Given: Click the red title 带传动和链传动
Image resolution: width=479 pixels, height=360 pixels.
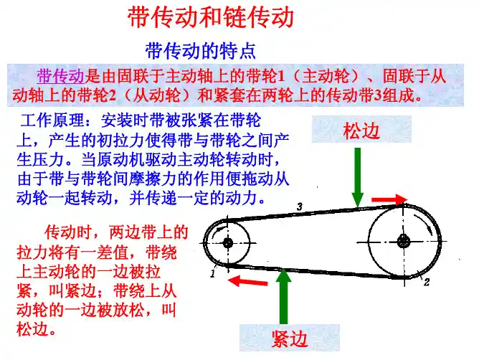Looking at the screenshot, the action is [x=211, y=17].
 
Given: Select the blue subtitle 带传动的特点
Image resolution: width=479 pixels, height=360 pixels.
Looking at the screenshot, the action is [x=201, y=51].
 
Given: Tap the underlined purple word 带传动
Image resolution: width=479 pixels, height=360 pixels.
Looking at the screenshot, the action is [x=60, y=77].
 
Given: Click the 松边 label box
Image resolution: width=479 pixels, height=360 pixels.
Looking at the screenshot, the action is [x=361, y=130].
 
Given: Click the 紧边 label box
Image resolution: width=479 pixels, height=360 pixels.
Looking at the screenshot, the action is [x=289, y=338].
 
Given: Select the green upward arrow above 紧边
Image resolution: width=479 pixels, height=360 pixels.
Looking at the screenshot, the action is [x=283, y=296].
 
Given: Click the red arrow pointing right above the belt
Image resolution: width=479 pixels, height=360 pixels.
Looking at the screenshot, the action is [x=389, y=199].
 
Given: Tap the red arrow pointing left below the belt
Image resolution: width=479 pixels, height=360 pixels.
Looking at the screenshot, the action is [x=248, y=280].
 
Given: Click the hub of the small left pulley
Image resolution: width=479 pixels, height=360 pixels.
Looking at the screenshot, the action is [x=227, y=243].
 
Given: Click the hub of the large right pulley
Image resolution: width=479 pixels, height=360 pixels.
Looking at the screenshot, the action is [x=403, y=242].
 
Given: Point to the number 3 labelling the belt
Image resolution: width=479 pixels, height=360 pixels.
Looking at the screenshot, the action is [x=300, y=207].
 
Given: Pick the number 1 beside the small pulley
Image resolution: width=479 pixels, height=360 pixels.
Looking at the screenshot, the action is [x=213, y=273].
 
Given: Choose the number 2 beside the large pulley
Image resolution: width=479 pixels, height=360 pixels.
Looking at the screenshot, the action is [x=427, y=282].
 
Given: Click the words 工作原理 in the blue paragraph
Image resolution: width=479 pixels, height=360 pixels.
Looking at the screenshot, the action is [x=52, y=120].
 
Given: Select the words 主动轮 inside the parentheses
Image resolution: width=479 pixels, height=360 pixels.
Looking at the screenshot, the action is [x=326, y=77].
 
